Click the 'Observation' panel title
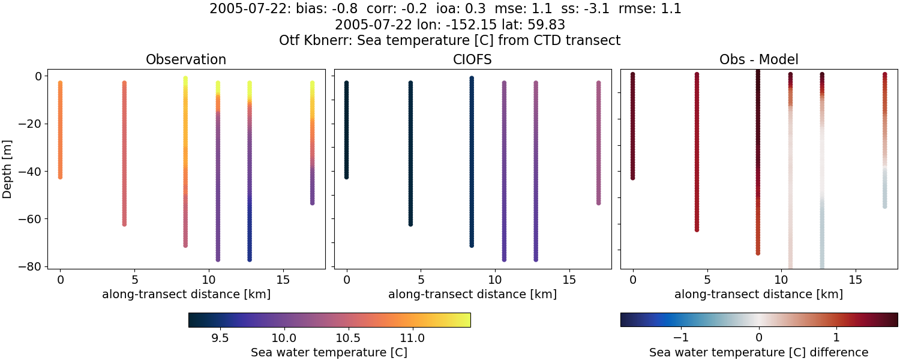click(x=186, y=60)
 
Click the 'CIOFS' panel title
click(x=472, y=60)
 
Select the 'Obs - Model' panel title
click(x=758, y=60)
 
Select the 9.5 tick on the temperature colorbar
click(x=220, y=337)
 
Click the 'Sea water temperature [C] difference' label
click(x=758, y=352)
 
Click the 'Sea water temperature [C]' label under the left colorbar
click(x=329, y=352)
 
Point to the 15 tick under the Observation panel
click(x=283, y=280)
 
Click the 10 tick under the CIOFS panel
click(x=495, y=280)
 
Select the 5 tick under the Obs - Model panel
click(x=707, y=280)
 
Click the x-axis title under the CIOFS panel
click(x=472, y=294)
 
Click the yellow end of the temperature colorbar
click(x=467, y=320)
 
